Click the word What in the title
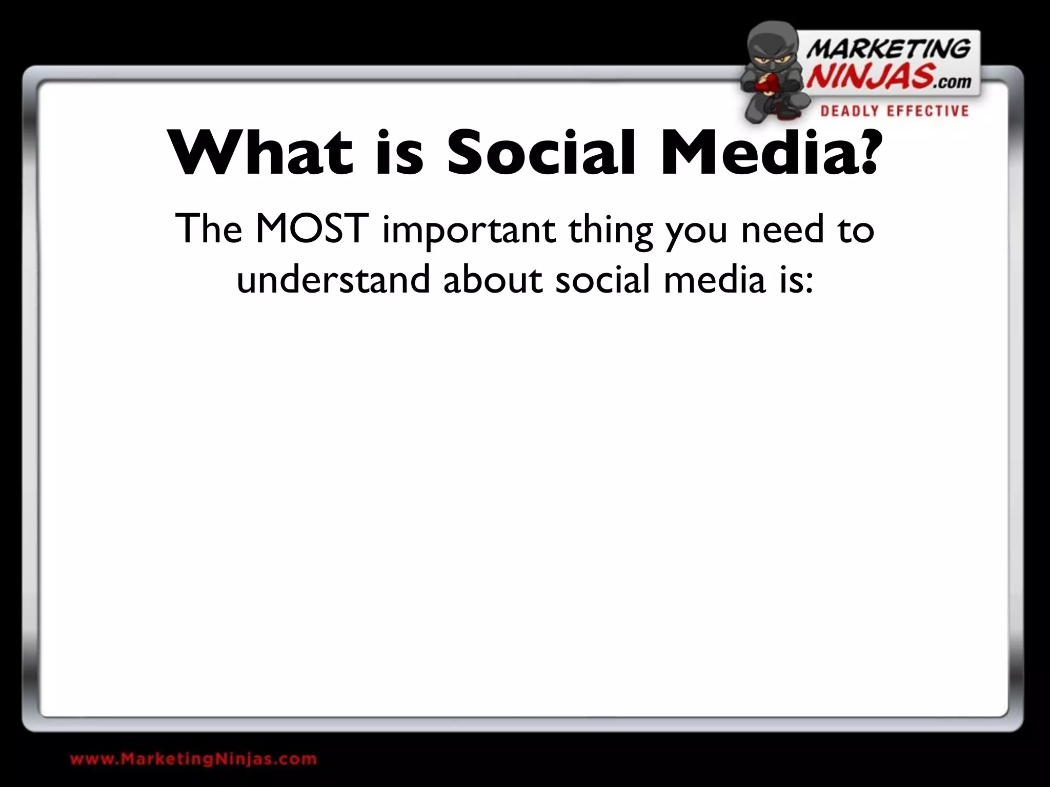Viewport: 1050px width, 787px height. [x=261, y=152]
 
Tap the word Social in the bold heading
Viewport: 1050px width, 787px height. [x=541, y=152]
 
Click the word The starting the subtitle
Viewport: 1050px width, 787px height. [x=208, y=229]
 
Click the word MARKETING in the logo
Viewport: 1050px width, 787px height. [x=888, y=50]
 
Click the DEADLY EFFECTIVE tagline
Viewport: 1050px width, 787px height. [x=894, y=111]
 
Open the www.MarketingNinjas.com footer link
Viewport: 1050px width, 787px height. [x=193, y=759]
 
